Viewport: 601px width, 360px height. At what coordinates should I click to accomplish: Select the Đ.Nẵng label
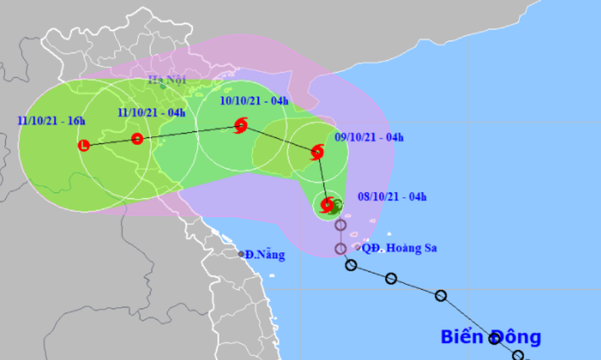265,254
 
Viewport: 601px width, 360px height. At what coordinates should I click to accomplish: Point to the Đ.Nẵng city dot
240,254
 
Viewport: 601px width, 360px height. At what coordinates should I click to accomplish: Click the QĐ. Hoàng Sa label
400,247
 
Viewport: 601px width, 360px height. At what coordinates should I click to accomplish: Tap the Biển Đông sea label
492,337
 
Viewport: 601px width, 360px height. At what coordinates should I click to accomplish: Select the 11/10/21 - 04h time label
151,113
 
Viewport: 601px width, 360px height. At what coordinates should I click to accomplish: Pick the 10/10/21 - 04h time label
253,102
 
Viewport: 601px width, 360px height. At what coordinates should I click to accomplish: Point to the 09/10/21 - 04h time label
369,136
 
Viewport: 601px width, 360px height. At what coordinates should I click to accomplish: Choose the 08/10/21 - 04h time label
391,197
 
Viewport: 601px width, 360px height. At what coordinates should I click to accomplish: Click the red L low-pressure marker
83,146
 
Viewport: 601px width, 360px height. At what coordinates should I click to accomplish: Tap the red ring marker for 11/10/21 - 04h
137,139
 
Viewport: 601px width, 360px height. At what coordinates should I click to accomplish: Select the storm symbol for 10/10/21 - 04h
241,127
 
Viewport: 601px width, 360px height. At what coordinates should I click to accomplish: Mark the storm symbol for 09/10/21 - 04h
317,152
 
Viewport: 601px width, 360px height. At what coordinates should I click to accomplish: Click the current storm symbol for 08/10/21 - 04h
327,205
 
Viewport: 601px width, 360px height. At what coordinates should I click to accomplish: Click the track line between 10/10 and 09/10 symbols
280,139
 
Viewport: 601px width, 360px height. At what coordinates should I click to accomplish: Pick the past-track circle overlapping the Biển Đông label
495,337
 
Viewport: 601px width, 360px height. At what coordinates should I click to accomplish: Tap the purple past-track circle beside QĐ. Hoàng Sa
341,249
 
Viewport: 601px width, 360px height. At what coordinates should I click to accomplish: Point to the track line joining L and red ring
109,142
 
